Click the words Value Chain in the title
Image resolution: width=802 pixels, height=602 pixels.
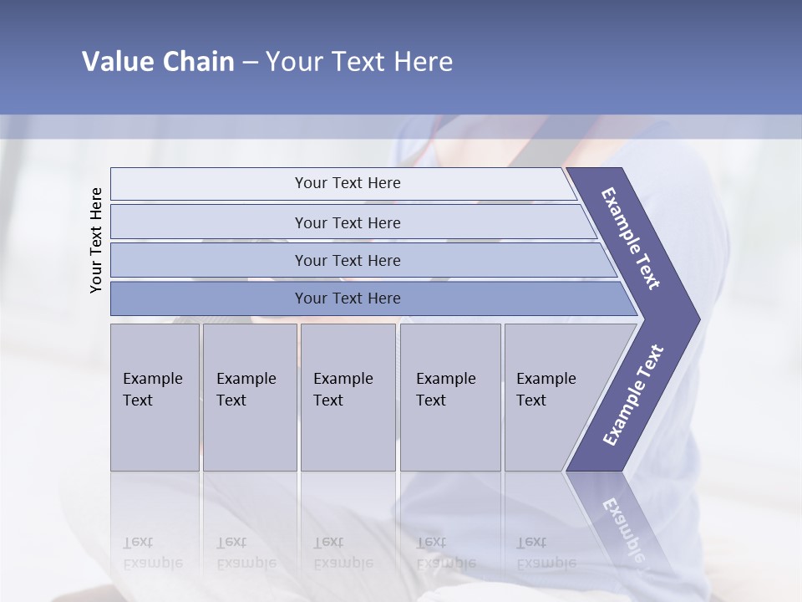pos(158,62)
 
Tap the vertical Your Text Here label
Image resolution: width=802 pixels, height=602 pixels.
pos(96,240)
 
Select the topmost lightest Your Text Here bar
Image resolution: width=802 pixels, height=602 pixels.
pos(348,183)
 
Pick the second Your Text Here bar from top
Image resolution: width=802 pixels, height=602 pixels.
pos(348,222)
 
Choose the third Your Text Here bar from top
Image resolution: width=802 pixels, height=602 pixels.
pos(348,260)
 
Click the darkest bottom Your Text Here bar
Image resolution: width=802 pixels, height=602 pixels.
pos(348,298)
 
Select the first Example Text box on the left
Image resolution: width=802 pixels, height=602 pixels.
pos(155,397)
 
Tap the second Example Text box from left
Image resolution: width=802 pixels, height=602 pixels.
pos(249,397)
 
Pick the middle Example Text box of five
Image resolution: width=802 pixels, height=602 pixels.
pos(348,397)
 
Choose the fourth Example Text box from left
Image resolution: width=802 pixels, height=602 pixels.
pos(450,397)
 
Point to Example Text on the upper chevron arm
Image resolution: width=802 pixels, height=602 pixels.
pos(631,238)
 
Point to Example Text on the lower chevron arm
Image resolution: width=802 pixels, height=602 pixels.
pos(633,395)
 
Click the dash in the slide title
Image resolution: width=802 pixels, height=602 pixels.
pos(250,63)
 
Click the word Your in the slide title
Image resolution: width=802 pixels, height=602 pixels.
pos(289,62)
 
